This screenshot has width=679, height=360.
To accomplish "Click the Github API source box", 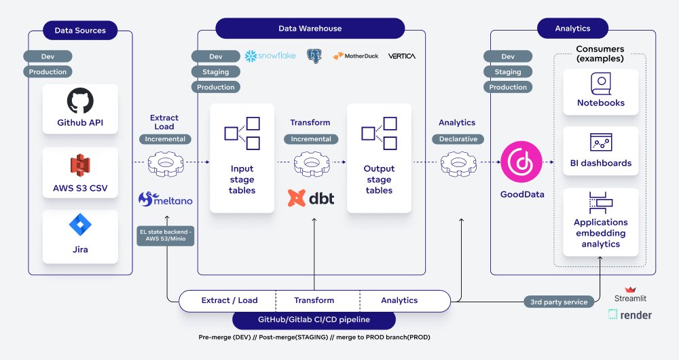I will [x=80, y=110].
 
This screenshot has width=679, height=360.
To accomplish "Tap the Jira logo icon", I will [x=80, y=225].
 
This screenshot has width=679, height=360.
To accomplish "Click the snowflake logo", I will [x=270, y=56].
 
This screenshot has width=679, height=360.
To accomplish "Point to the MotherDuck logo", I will [x=356, y=56].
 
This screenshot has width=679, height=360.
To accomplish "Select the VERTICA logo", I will [x=402, y=56].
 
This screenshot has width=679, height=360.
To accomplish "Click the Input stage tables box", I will [x=242, y=158].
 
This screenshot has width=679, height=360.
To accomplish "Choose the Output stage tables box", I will [x=379, y=158].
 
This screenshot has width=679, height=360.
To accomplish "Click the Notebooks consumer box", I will [x=601, y=92].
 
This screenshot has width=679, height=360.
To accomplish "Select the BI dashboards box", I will [x=601, y=151].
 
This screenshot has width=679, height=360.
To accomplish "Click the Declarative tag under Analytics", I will [x=457, y=139].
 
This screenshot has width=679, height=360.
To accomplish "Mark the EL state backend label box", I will [x=165, y=236].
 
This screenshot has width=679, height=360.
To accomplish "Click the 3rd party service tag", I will [x=559, y=302].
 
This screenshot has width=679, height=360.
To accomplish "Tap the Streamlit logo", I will [x=631, y=294].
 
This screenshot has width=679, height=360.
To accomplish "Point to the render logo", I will [x=630, y=314].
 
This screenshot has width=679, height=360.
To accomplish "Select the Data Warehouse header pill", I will [x=310, y=29].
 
